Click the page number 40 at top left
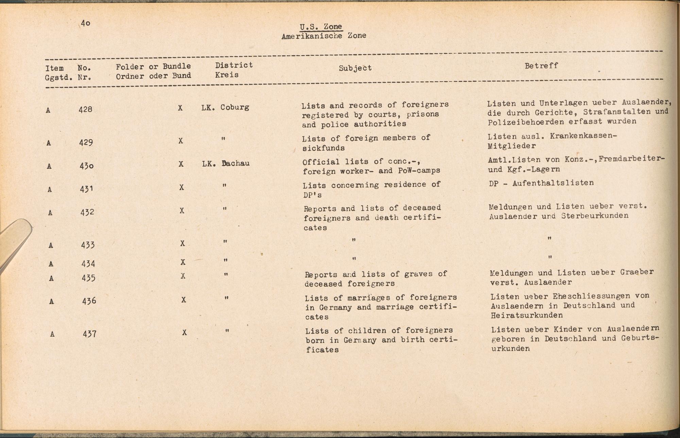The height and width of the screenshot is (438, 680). coord(85,23)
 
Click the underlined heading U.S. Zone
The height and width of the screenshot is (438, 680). coord(321,27)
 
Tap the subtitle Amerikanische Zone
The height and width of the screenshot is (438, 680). coord(324,36)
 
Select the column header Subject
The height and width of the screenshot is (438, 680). coord(355,68)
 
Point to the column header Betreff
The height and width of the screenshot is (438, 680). coord(541,66)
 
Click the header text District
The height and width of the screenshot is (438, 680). coord(234,65)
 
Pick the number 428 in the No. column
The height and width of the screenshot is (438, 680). coord(85,109)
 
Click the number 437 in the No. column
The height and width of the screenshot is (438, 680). coord(89,334)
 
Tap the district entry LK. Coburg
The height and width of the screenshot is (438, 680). coord(225,107)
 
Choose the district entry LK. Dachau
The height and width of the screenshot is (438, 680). coord(226,163)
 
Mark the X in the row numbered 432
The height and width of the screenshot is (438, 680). coord(182,211)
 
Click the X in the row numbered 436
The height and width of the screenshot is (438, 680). coord(184,300)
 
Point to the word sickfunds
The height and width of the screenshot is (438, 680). coord(323,148)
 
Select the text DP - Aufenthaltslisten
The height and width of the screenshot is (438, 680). coord(541,183)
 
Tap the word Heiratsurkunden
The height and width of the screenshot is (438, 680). coord(527,315)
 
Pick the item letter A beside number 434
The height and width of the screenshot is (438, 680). coord(51,264)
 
